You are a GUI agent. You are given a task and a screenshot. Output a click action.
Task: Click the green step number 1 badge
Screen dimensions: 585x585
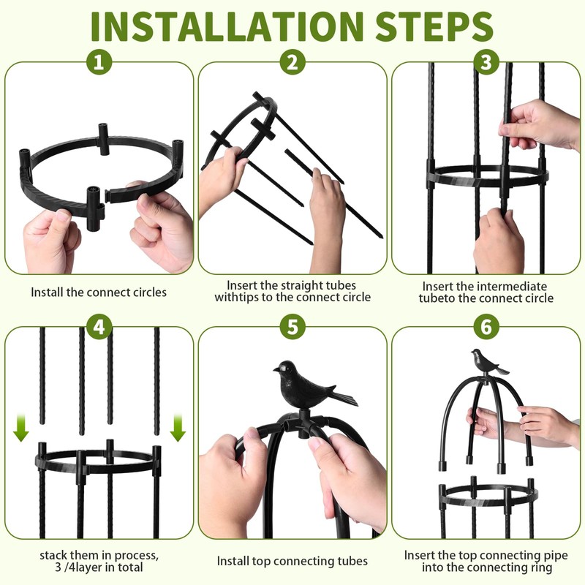tap(99, 62)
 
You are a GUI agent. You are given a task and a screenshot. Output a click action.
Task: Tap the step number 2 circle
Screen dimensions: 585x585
tap(292, 62)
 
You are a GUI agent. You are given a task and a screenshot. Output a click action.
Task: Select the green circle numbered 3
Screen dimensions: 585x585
tap(486, 62)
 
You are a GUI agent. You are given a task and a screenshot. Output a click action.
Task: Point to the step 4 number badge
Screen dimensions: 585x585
tap(99, 327)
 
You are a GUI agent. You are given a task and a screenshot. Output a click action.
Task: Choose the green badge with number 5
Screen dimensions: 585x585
tap(292, 327)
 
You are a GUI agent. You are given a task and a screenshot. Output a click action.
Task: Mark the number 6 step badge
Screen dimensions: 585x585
tap(486, 327)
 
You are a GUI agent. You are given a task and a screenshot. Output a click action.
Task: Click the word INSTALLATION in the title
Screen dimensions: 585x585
tap(227, 27)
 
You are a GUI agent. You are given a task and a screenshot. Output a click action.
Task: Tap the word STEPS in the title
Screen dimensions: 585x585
tap(434, 27)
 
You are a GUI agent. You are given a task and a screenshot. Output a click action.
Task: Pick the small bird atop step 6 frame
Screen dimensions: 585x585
tap(487, 361)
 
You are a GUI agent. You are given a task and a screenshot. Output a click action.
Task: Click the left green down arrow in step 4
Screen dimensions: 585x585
tap(21, 428)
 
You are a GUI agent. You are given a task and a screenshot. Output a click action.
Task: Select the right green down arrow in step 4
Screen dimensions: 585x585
tap(178, 428)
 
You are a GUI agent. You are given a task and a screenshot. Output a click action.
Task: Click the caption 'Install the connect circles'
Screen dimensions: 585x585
tap(99, 292)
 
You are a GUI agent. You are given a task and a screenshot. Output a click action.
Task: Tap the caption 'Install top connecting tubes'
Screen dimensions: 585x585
tap(292, 561)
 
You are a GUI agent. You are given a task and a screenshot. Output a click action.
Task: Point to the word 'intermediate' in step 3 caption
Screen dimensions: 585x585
tap(512, 287)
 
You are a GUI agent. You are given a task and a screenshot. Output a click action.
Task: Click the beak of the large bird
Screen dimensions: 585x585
tap(276, 370)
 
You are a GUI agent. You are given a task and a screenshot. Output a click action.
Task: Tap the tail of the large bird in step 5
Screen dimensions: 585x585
tap(344, 398)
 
